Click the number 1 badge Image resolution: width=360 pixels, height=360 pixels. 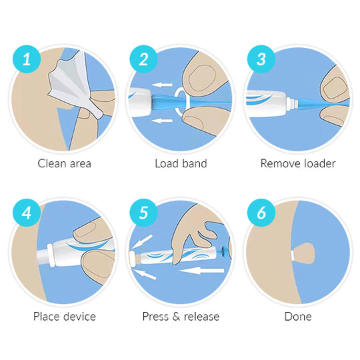coord(27,59)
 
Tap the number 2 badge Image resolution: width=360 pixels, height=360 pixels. coord(143,59)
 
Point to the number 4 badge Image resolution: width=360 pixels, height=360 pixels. coord(27,213)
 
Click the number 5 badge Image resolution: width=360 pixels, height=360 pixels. coord(143,213)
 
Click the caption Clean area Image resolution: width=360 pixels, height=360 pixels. coord(65,163)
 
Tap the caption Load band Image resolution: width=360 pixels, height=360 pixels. coord(181,163)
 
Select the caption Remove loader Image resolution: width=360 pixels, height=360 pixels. coord(297,163)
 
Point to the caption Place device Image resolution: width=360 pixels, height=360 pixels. coord(65,316)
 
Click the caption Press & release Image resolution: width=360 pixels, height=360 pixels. coord(181,316)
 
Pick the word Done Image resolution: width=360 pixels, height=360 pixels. coord(297,316)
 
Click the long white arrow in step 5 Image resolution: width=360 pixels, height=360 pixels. coord(201,271)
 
